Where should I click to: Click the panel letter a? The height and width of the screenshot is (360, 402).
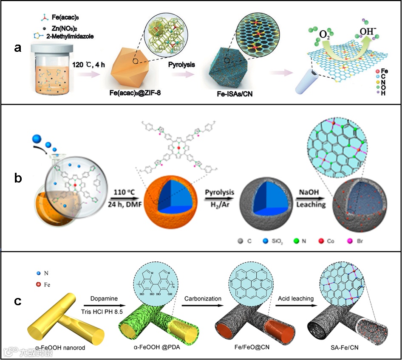(x=17, y=48)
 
